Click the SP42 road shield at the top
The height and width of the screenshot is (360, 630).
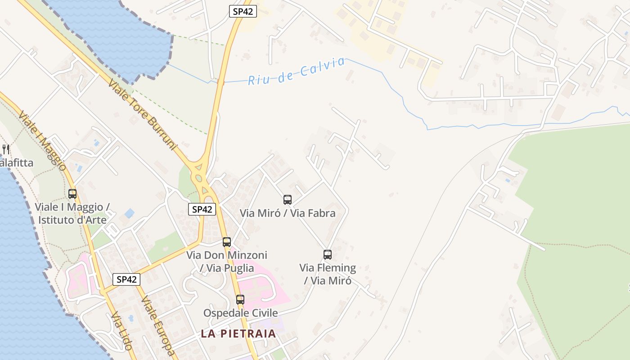pos(243,12)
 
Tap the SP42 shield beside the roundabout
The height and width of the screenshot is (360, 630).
pos(202,209)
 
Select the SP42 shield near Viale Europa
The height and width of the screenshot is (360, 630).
pos(126,279)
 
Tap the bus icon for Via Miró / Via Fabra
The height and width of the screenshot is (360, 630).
pos(288,199)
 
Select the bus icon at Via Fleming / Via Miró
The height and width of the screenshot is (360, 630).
pos(328,255)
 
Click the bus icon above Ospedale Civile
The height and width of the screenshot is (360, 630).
pos(240,299)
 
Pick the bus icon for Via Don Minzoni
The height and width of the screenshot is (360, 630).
pos(227,242)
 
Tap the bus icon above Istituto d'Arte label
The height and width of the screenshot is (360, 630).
pos(72,194)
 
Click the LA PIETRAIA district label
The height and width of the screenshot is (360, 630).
pos(238,333)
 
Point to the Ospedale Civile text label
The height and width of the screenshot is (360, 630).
pos(240,313)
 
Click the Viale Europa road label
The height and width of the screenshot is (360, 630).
pos(157,325)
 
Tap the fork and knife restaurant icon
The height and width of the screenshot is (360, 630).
pos(5,149)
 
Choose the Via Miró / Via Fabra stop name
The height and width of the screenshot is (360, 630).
pos(288,213)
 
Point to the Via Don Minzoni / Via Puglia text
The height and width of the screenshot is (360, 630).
pos(227,261)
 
